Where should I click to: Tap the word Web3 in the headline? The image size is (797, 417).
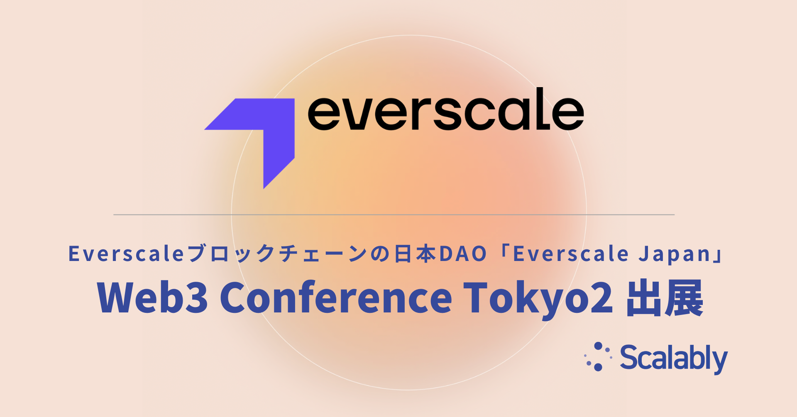(152, 298)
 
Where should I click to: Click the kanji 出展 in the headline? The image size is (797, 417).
(665, 298)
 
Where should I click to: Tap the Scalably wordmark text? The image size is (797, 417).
(674, 358)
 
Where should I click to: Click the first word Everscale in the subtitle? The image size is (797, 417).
(126, 254)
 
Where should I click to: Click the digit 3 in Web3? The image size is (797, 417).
(196, 298)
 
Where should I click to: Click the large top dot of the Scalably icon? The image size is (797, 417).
(599, 346)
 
